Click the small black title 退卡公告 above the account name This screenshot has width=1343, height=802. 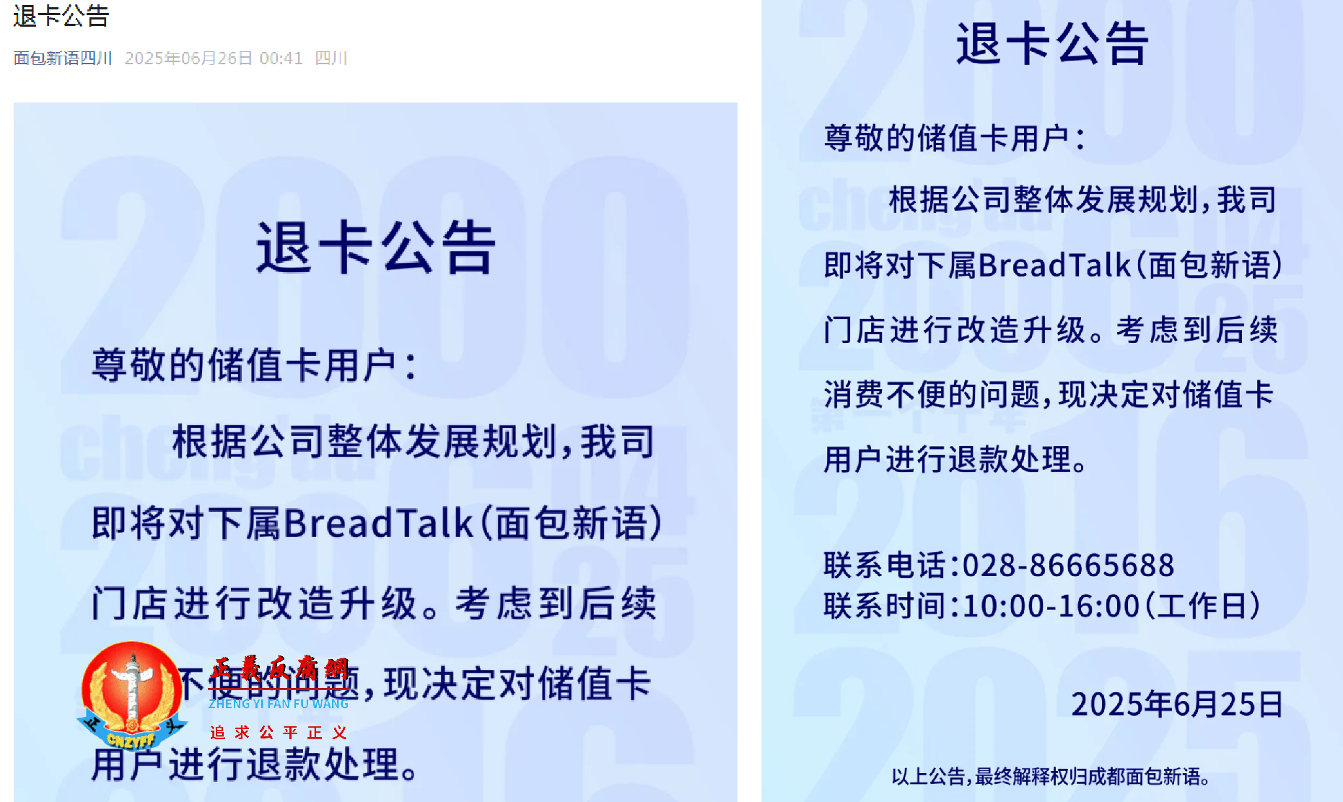coord(61,16)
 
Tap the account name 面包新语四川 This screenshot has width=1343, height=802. coord(63,58)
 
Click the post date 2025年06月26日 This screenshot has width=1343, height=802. coord(188,58)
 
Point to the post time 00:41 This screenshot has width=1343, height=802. coord(281,58)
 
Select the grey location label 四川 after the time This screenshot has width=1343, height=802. coord(331,58)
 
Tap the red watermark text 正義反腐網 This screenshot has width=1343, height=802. coord(280,669)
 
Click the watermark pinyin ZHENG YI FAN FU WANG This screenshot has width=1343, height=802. coord(279,704)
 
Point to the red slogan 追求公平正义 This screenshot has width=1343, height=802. coord(279,733)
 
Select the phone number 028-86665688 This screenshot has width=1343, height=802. coord(1068,565)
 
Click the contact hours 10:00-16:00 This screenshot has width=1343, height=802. coord(1051,606)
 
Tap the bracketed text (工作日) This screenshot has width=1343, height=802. coord(1203,606)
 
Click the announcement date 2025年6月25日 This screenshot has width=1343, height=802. coord(1177,705)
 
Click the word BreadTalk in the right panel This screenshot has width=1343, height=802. coord(1055,266)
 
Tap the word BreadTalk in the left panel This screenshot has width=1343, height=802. coord(379,523)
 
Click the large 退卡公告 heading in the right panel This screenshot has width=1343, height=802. coord(1051,43)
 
